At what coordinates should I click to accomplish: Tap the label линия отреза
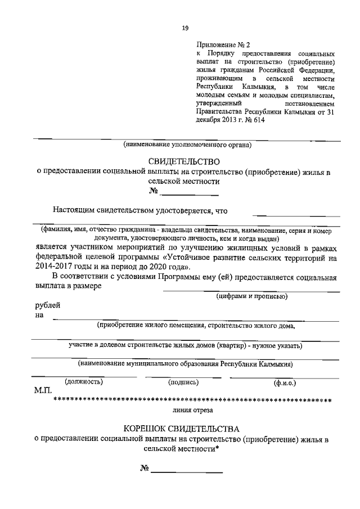click(x=188, y=411)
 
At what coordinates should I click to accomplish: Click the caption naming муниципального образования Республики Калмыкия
click(x=186, y=363)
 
